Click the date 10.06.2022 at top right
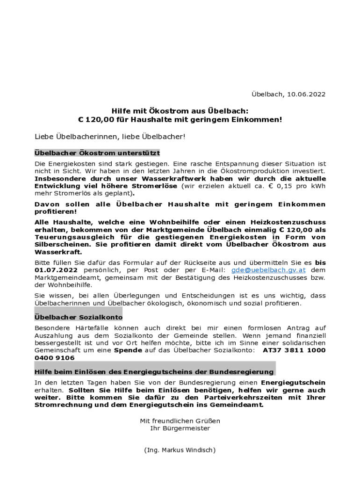306,94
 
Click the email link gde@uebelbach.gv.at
268,270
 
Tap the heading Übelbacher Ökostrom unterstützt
97,153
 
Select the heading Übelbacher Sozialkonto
79,317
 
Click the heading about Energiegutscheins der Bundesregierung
154,372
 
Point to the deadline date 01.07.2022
56,270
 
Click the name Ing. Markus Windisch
180,450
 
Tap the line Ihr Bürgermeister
180,428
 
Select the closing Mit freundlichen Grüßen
180,421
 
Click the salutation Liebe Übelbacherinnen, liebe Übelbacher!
110,137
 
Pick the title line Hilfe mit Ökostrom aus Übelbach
180,111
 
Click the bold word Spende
128,350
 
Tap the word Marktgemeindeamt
65,277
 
